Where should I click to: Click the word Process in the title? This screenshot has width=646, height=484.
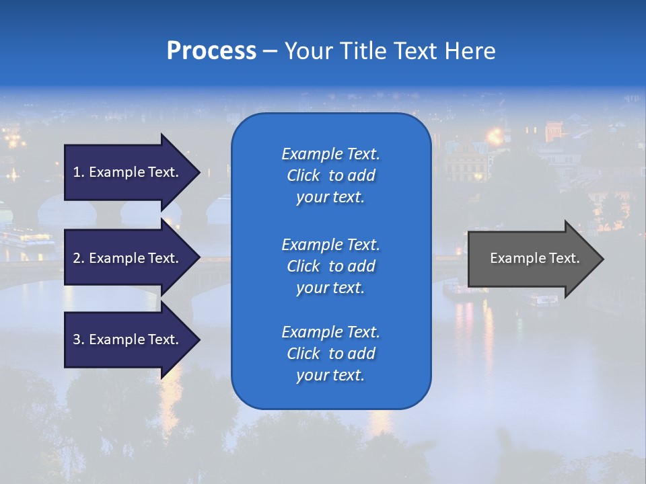point(211,51)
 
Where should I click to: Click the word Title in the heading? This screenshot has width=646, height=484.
point(363,51)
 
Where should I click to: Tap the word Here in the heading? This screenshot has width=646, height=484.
point(470,51)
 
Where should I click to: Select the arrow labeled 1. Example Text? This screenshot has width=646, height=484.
point(126,172)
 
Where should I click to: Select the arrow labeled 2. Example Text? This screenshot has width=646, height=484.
point(126,258)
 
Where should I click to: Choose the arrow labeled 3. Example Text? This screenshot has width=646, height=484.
point(126,339)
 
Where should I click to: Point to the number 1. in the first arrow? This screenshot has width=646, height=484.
point(79,172)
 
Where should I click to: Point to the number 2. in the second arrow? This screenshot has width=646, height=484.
point(79,258)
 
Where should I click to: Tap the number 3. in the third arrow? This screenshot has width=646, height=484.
point(79,339)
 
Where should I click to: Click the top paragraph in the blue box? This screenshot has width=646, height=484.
point(330,175)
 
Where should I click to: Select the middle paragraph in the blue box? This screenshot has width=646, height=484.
point(330,266)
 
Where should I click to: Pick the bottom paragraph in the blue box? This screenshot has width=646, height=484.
point(330,354)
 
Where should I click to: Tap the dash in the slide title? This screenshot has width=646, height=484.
point(270,51)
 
